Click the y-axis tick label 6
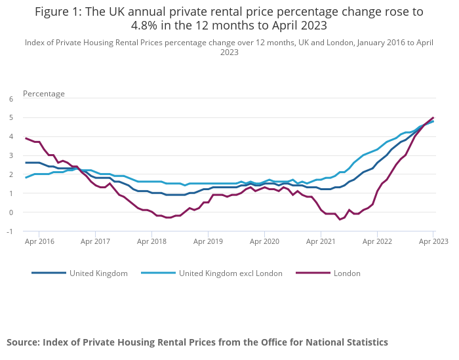coord(10,99)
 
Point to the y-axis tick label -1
coord(9,231)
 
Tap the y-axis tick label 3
coord(10,156)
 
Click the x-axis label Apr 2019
coord(208,241)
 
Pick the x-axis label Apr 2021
coord(321,241)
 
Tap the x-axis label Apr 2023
coord(433,241)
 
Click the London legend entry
coord(347,273)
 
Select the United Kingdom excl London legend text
coord(231,273)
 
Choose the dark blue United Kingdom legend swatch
coord(48,273)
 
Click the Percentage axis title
coord(44,94)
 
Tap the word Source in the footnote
coord(23,342)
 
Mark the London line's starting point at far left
coord(26,138)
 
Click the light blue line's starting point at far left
coord(26,178)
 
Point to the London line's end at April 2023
coord(433,117)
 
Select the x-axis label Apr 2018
coord(151,241)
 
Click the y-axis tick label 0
coord(10,212)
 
